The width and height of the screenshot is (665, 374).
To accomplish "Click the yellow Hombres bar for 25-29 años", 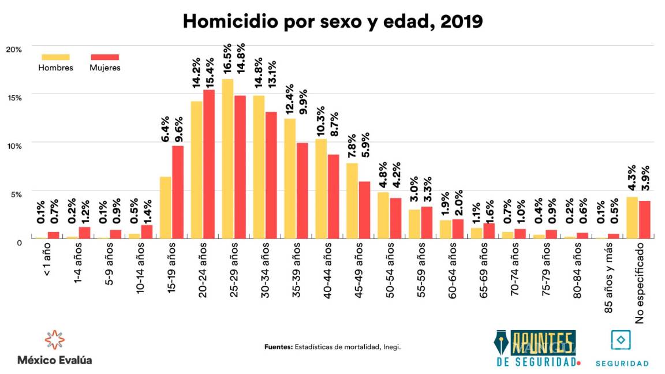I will click(227, 159).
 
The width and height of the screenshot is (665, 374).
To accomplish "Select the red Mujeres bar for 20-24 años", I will click(209, 164).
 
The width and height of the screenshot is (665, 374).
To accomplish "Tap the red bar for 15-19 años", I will click(178, 192).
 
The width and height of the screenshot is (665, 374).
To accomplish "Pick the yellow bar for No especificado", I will click(632, 218).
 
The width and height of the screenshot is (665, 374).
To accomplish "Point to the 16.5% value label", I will click(227, 61).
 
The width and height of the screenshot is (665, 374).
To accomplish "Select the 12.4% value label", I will click(289, 100).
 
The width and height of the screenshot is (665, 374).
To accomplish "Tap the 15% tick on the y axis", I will click(14, 98).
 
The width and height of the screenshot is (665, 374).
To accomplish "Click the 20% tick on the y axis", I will click(14, 50).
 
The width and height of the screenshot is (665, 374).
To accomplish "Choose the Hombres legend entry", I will click(55, 62).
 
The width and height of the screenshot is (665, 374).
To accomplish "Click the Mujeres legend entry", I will click(104, 62).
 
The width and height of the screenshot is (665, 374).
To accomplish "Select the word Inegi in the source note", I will click(393, 347).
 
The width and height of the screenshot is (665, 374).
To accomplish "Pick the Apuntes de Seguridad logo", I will click(537, 349).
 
